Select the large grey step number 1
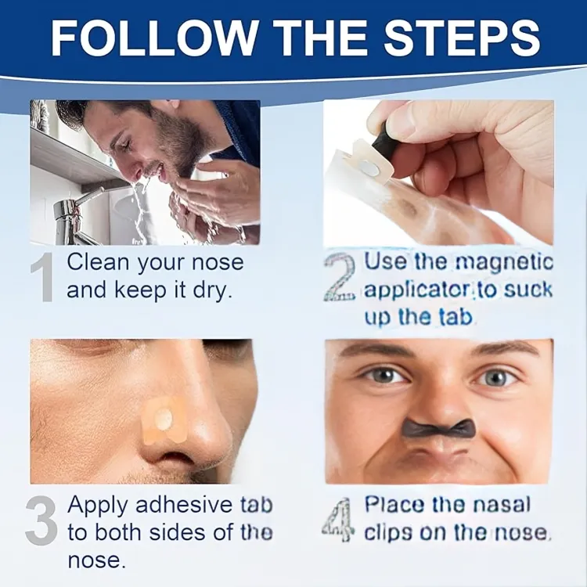click(x=42, y=276)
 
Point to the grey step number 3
click(x=41, y=520)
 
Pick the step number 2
click(x=340, y=276)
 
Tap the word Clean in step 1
click(x=98, y=261)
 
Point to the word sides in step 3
click(x=178, y=533)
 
